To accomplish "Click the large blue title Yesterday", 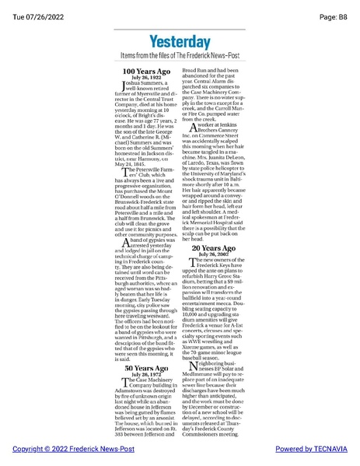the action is click(x=179, y=41).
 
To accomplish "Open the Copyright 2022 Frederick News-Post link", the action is click(x=62, y=449).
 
